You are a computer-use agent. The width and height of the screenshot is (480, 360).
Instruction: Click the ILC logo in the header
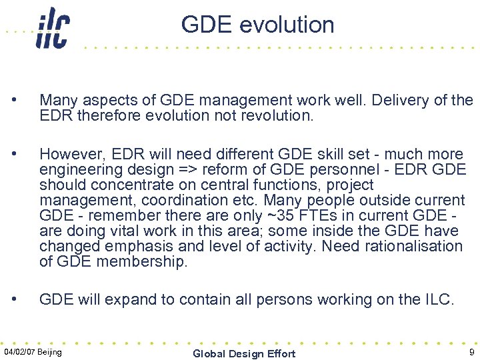point(53,27)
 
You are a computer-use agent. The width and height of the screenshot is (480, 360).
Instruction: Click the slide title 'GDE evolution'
point(257,25)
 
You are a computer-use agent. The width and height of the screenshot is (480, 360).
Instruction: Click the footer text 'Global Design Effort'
point(244,353)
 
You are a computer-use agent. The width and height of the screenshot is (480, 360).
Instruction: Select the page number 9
point(471,352)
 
